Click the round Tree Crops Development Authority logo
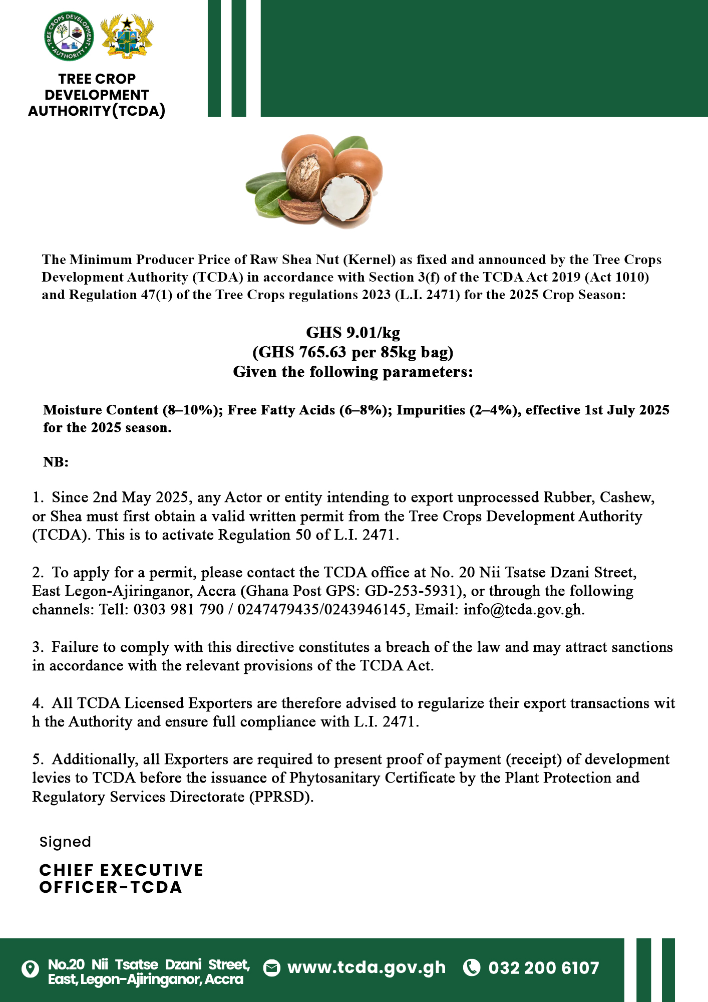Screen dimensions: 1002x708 69,36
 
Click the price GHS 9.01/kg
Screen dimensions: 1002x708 353,333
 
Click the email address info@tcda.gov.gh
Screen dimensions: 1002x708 523,610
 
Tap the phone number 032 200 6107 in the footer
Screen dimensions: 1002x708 544,967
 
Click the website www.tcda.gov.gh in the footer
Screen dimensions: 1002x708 366,967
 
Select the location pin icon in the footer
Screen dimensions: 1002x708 31,968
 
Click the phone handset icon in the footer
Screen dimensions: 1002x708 471,967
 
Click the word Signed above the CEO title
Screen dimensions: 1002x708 65,842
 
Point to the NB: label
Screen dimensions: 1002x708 56,462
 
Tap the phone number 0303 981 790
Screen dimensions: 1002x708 178,610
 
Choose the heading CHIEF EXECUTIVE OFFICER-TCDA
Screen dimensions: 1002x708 121,879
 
